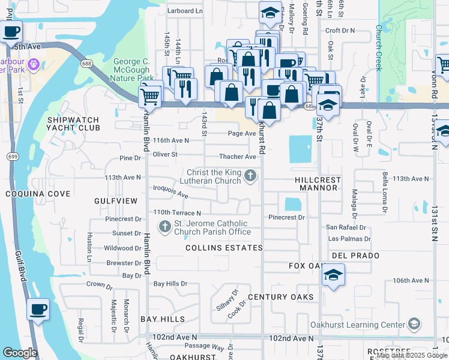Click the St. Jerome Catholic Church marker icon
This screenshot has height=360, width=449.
[x=164, y=227]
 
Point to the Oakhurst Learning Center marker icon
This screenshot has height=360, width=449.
[x=413, y=325]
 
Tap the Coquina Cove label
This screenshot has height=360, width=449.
[x=37, y=194]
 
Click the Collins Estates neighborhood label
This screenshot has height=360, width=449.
[x=224, y=248]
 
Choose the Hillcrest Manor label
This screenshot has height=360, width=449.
[x=318, y=184]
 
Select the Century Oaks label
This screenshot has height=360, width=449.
[x=280, y=297]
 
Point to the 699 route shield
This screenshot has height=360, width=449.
[x=11, y=157]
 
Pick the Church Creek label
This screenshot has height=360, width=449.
[x=379, y=47]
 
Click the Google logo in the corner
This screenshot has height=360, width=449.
[x=20, y=352]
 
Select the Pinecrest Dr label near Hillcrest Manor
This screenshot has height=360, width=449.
[x=287, y=217]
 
